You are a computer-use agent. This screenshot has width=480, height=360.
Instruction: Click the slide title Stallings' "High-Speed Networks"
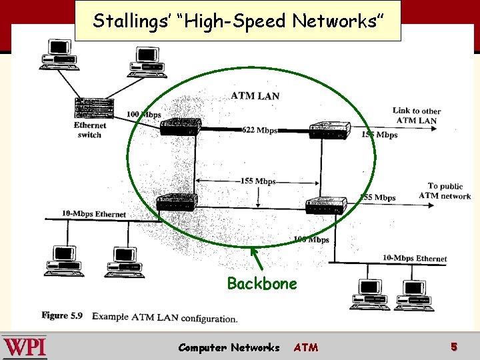click(x=238, y=21)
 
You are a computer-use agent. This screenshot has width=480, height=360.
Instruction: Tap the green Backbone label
click(x=262, y=283)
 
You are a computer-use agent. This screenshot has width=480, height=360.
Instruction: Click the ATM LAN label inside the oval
click(x=255, y=96)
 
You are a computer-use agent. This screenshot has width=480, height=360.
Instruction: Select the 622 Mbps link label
click(x=259, y=130)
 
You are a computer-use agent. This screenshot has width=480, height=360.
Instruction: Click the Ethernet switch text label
click(x=90, y=130)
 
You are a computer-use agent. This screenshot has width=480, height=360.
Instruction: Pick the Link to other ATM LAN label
click(x=417, y=115)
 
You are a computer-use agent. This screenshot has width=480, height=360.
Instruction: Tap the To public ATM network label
click(x=445, y=191)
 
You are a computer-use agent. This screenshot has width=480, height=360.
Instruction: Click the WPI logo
click(x=25, y=347)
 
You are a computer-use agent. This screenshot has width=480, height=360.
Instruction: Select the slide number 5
click(x=453, y=347)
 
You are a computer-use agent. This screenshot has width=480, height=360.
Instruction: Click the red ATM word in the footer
click(x=306, y=347)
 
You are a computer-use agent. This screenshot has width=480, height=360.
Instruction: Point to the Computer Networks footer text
click(x=229, y=347)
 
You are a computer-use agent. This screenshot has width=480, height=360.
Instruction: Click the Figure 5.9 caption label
click(x=62, y=315)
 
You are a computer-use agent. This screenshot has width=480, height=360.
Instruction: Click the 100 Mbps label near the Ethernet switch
click(x=143, y=115)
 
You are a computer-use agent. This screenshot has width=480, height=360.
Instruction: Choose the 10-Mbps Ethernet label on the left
click(x=94, y=214)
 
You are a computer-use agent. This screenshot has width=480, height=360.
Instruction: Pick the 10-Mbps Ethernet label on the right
click(x=415, y=258)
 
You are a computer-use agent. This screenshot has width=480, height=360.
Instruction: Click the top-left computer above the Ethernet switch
click(x=59, y=54)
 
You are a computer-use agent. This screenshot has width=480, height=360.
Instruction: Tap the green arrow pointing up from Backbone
click(x=255, y=257)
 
